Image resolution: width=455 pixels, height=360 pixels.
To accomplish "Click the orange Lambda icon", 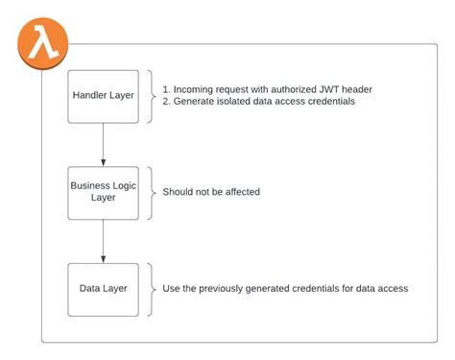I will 42,43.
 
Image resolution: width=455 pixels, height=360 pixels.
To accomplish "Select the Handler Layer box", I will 103,96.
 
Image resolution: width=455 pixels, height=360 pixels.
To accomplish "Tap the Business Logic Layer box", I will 103,192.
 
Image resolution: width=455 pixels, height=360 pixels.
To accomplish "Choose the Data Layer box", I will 103,289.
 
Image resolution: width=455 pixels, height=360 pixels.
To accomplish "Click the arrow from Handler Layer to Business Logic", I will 103,144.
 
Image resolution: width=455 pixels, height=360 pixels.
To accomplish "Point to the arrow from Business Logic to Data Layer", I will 103,240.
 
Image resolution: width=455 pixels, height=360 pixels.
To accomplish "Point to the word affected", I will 239,192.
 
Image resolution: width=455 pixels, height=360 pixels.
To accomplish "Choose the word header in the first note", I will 354,89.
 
